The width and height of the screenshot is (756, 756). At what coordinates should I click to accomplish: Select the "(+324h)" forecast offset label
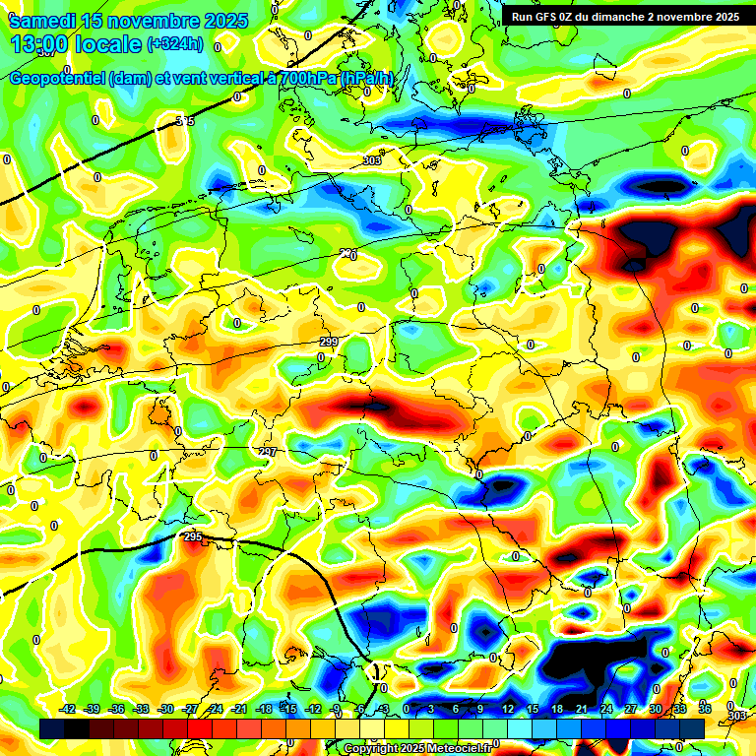click(175, 44)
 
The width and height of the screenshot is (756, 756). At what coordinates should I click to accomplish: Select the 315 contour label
click(184, 121)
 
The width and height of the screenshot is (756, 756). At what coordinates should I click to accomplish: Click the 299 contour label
click(329, 342)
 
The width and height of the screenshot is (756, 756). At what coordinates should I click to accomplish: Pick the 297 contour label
click(268, 451)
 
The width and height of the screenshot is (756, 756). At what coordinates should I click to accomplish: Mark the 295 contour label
click(193, 536)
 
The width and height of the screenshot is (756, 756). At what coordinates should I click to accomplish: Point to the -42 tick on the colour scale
click(68, 709)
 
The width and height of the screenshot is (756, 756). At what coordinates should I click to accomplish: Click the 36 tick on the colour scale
click(704, 709)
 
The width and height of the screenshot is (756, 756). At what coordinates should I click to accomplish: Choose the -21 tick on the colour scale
click(239, 709)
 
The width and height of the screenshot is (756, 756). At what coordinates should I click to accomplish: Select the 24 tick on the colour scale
click(605, 709)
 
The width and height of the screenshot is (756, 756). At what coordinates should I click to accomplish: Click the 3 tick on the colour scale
click(431, 709)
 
